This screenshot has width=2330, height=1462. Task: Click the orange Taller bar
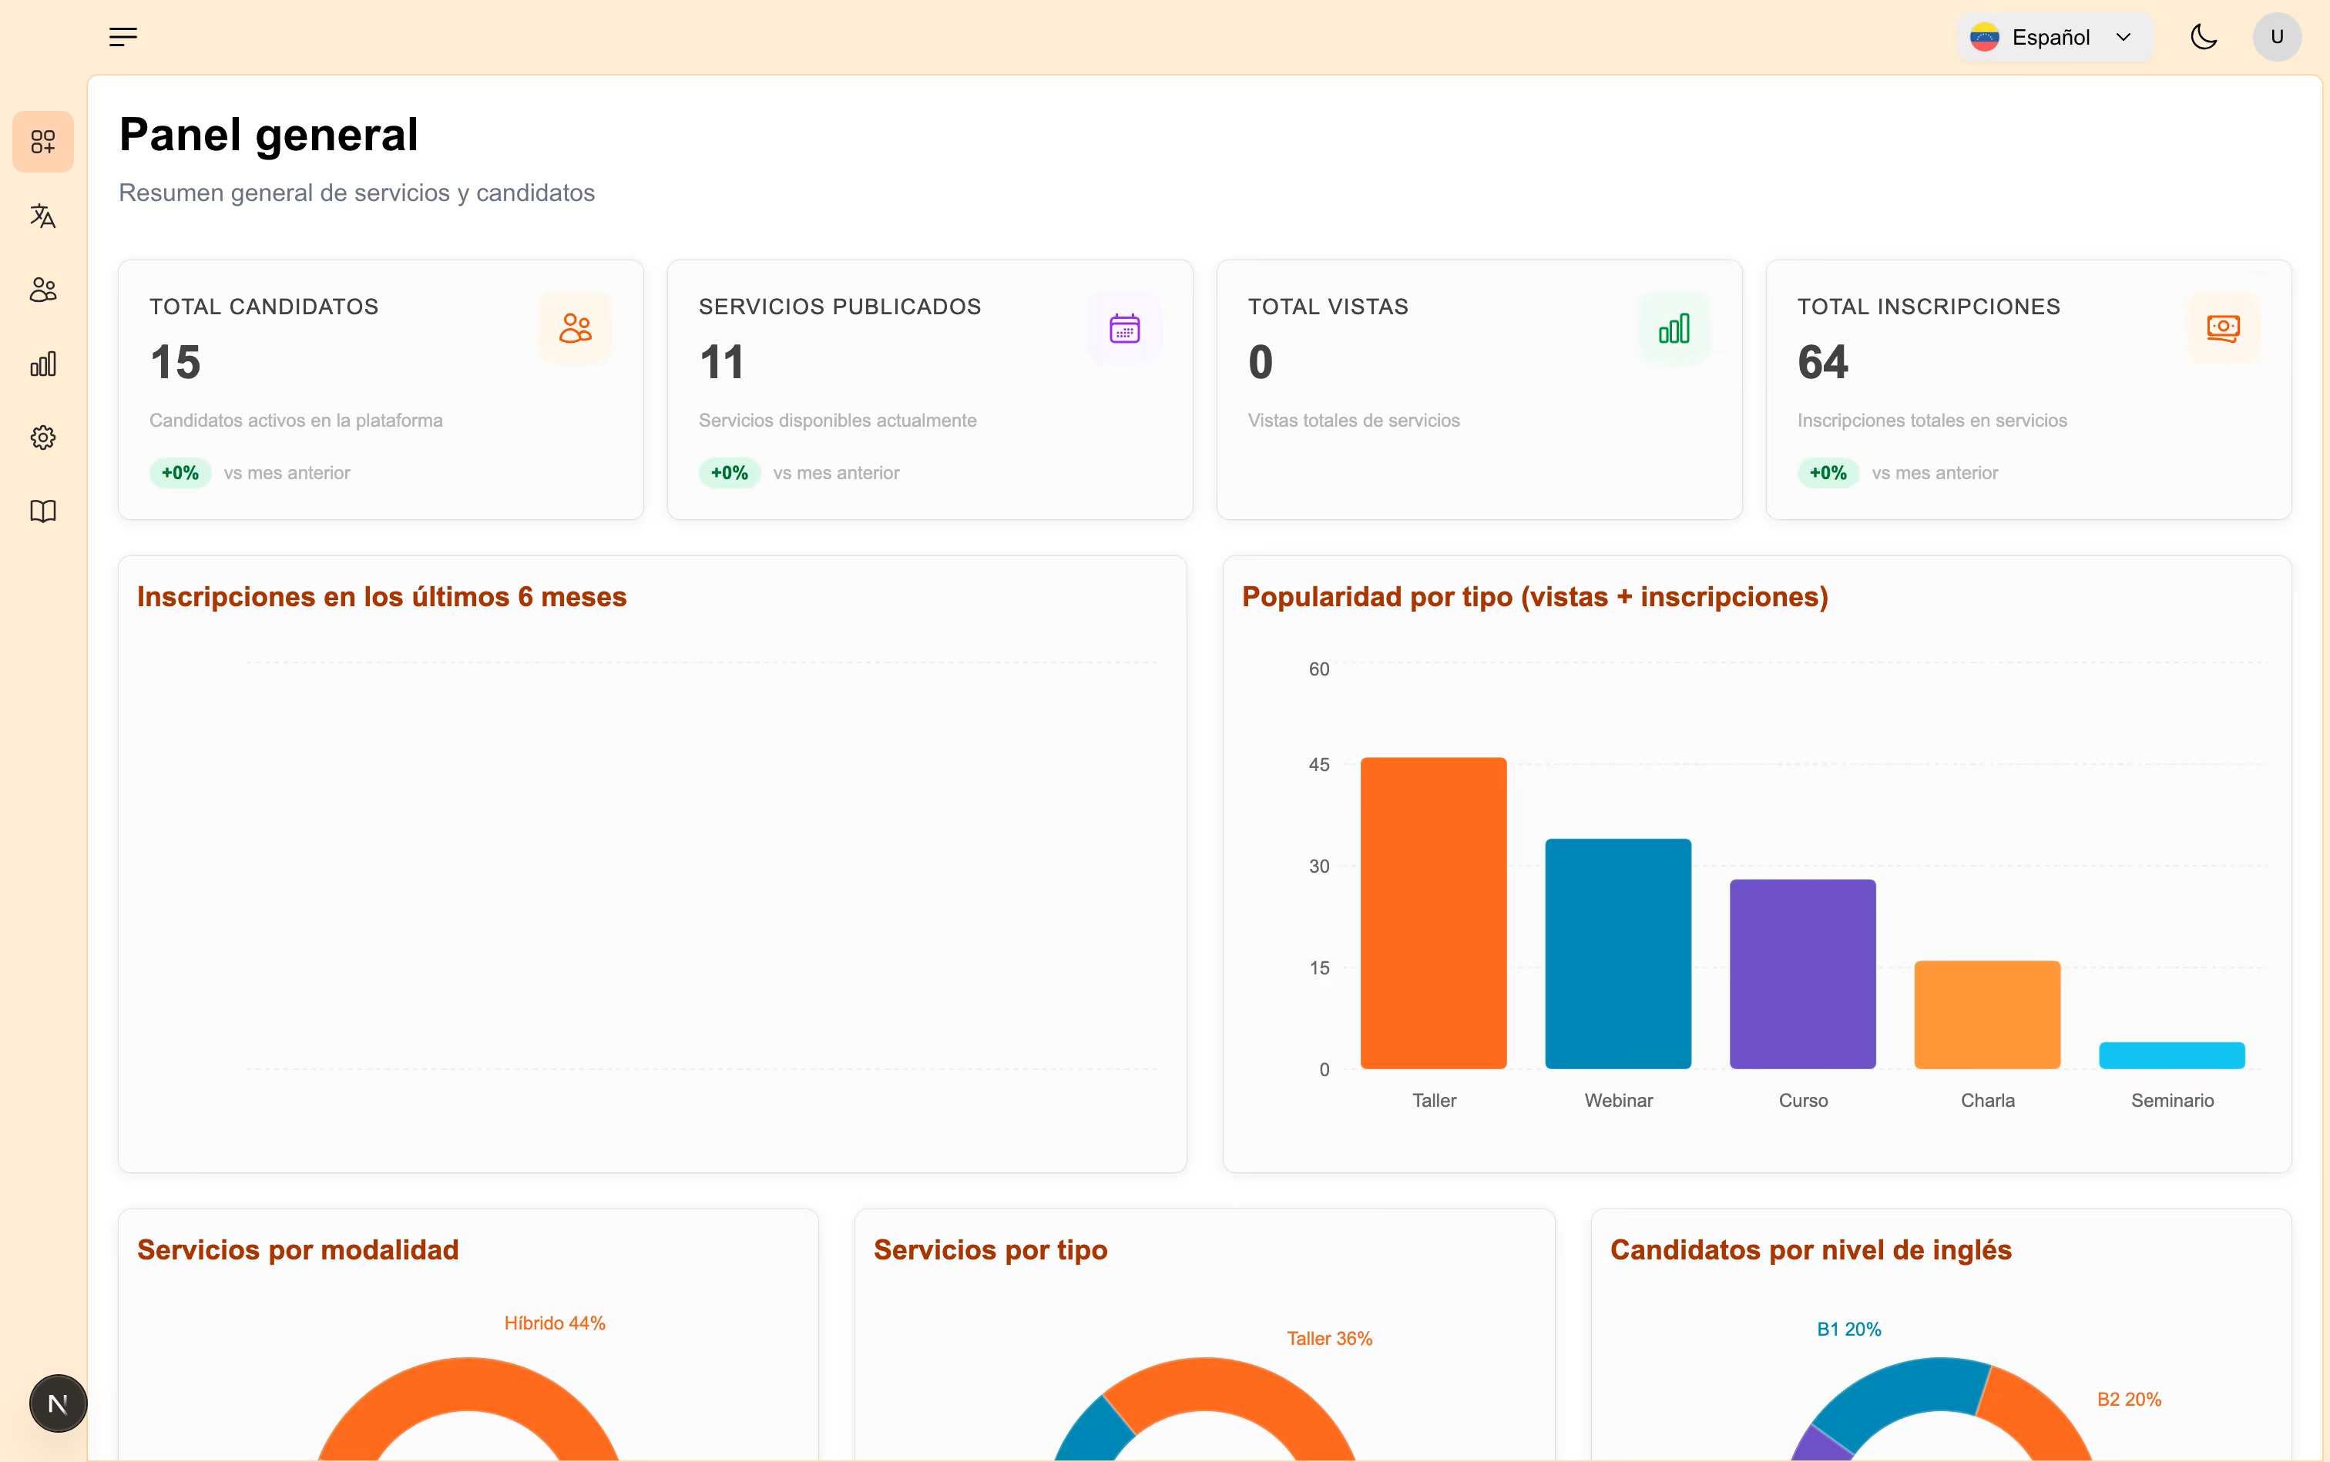pos(1433,913)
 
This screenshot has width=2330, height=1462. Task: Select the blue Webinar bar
pos(1618,954)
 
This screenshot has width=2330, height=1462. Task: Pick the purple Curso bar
pos(1803,974)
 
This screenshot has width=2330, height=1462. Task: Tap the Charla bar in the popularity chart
pos(1988,1014)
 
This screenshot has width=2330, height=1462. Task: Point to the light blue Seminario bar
pos(2172,1055)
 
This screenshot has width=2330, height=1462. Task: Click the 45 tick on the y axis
pos(1319,765)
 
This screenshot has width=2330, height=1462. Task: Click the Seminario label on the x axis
pos(2172,1101)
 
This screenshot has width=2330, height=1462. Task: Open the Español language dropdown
pos(2054,38)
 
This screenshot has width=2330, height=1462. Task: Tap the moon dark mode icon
pos(2204,38)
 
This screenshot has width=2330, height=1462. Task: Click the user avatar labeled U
pos(2277,38)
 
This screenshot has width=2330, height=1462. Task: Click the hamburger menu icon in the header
pos(123,38)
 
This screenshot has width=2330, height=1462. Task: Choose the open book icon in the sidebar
pos(43,511)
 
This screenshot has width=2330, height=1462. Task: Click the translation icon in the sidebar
pos(43,216)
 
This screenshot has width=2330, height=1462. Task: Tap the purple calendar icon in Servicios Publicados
pos(1125,328)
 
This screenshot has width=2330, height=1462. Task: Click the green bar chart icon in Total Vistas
pos(1674,328)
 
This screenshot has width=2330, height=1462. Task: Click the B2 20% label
pos(2129,1399)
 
